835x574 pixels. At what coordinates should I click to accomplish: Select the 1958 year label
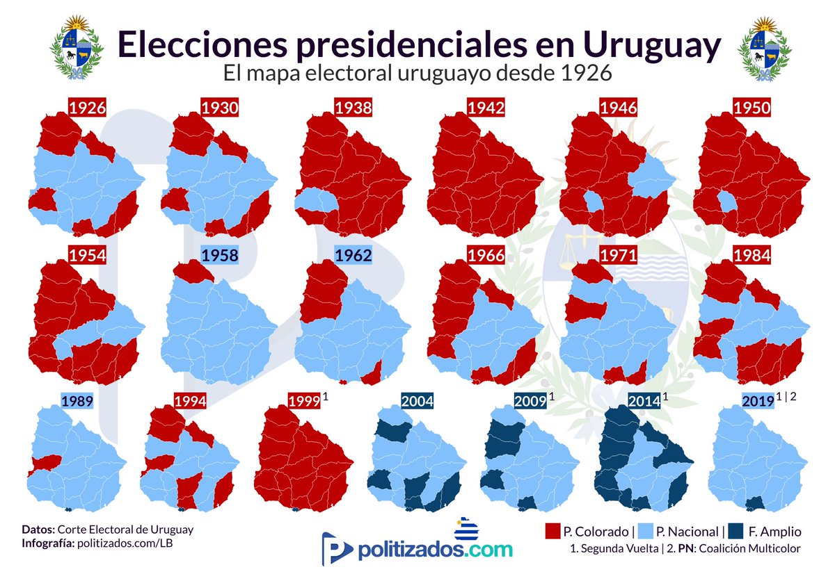coord(220,255)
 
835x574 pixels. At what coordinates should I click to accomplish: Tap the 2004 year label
coord(417,401)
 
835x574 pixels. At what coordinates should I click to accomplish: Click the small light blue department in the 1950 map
coord(726,202)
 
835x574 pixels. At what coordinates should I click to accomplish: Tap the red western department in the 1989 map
coord(45,464)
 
